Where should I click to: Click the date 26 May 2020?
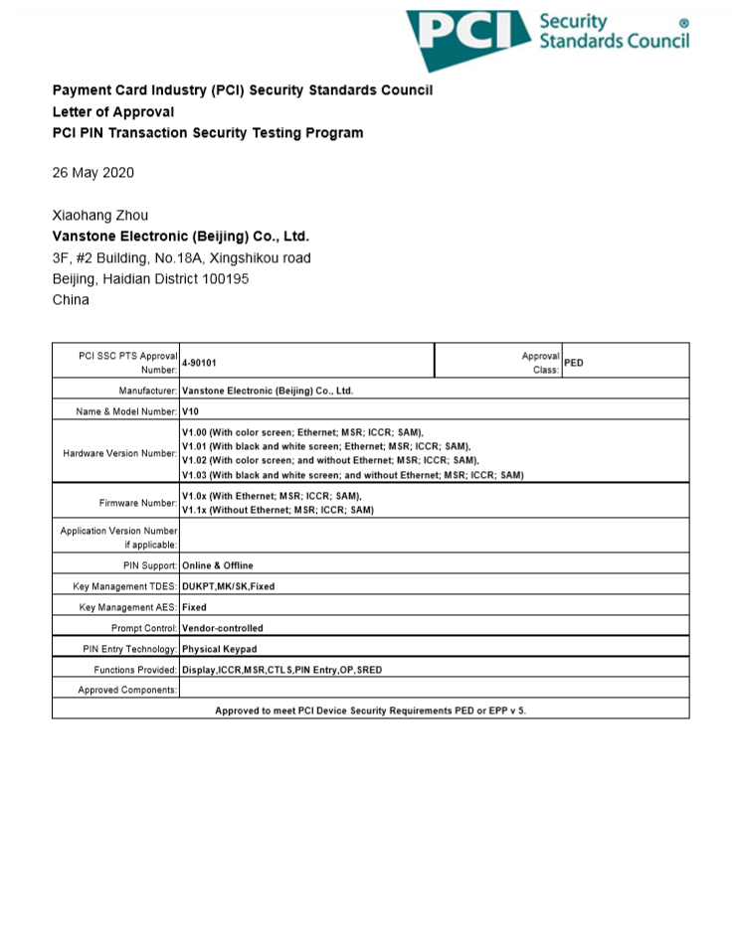pyautogui.click(x=93, y=173)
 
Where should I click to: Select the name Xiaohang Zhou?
pyautogui.click(x=99, y=216)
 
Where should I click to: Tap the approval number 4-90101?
pyautogui.click(x=199, y=364)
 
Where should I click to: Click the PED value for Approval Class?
pyautogui.click(x=574, y=363)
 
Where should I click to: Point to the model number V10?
pyautogui.click(x=190, y=410)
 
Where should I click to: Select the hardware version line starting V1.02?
pyautogui.click(x=330, y=461)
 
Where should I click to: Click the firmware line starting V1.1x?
pyautogui.click(x=278, y=510)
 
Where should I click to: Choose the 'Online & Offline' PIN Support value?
pyautogui.click(x=218, y=565)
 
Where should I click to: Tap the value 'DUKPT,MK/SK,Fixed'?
pyautogui.click(x=229, y=586)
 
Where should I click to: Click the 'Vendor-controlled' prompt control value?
pyautogui.click(x=223, y=628)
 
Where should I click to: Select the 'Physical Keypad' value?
pyautogui.click(x=219, y=649)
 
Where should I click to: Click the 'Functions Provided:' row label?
pyautogui.click(x=128, y=670)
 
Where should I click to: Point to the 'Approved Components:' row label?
pyautogui.click(x=127, y=690)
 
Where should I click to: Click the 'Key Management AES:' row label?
pyautogui.click(x=128, y=607)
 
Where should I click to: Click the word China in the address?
pyautogui.click(x=71, y=300)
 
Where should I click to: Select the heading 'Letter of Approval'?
pyautogui.click(x=113, y=112)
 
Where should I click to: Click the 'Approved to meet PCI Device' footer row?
pyautogui.click(x=370, y=711)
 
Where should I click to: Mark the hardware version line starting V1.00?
pyautogui.click(x=303, y=432)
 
